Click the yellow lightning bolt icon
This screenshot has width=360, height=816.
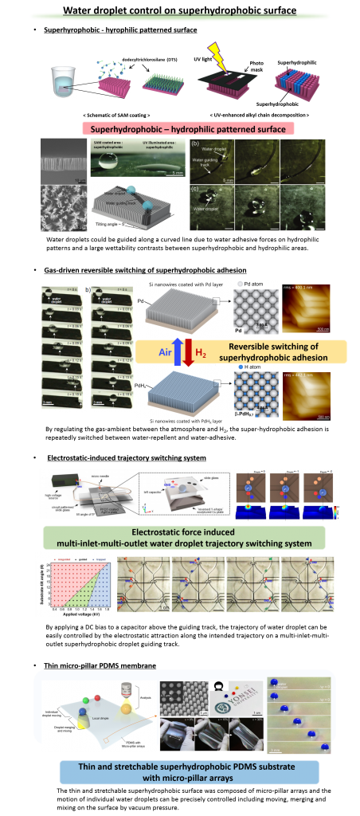coord(218,56)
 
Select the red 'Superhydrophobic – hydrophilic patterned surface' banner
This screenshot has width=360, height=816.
coord(188,128)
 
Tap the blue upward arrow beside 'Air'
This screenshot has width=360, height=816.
coord(179,351)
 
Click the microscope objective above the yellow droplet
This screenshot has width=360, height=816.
coord(145,690)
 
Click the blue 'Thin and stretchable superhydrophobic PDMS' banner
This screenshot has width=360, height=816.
coord(189,771)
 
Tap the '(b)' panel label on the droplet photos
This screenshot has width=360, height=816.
coord(195,143)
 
